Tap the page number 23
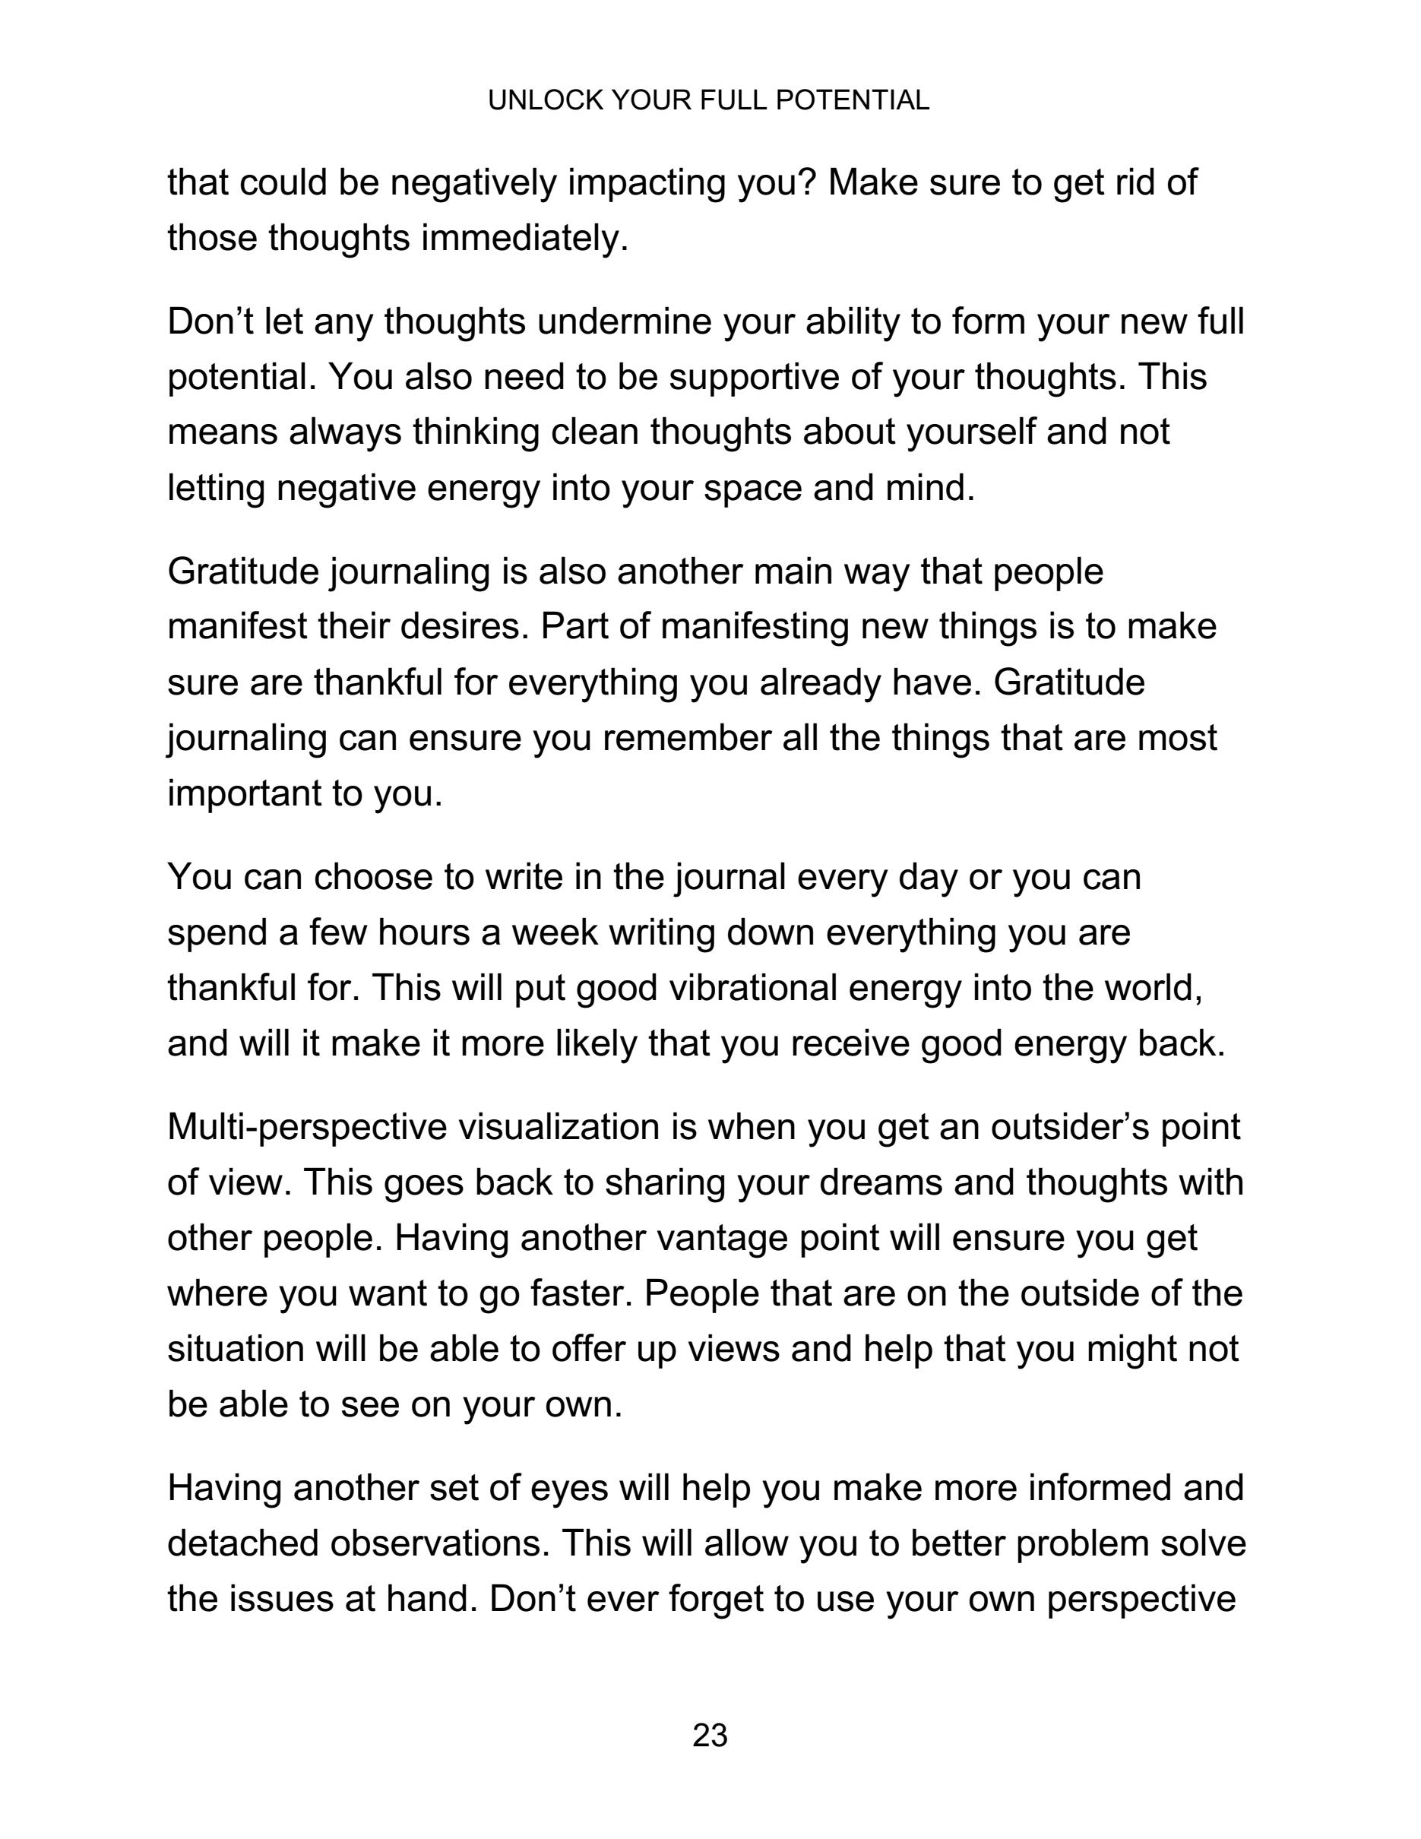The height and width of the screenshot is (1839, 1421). point(710,1736)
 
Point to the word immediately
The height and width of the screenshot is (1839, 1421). point(524,239)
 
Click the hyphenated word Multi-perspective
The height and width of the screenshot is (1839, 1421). point(307,1128)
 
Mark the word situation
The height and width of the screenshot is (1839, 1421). point(235,1350)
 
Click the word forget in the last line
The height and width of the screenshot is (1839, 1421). point(720,1600)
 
